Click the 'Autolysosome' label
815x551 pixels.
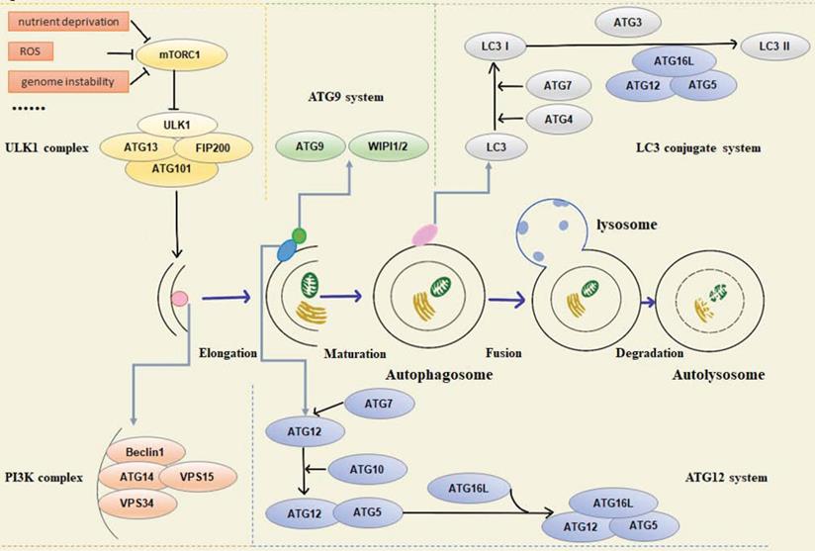[x=718, y=376]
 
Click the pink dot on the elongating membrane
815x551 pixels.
[x=180, y=298]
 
